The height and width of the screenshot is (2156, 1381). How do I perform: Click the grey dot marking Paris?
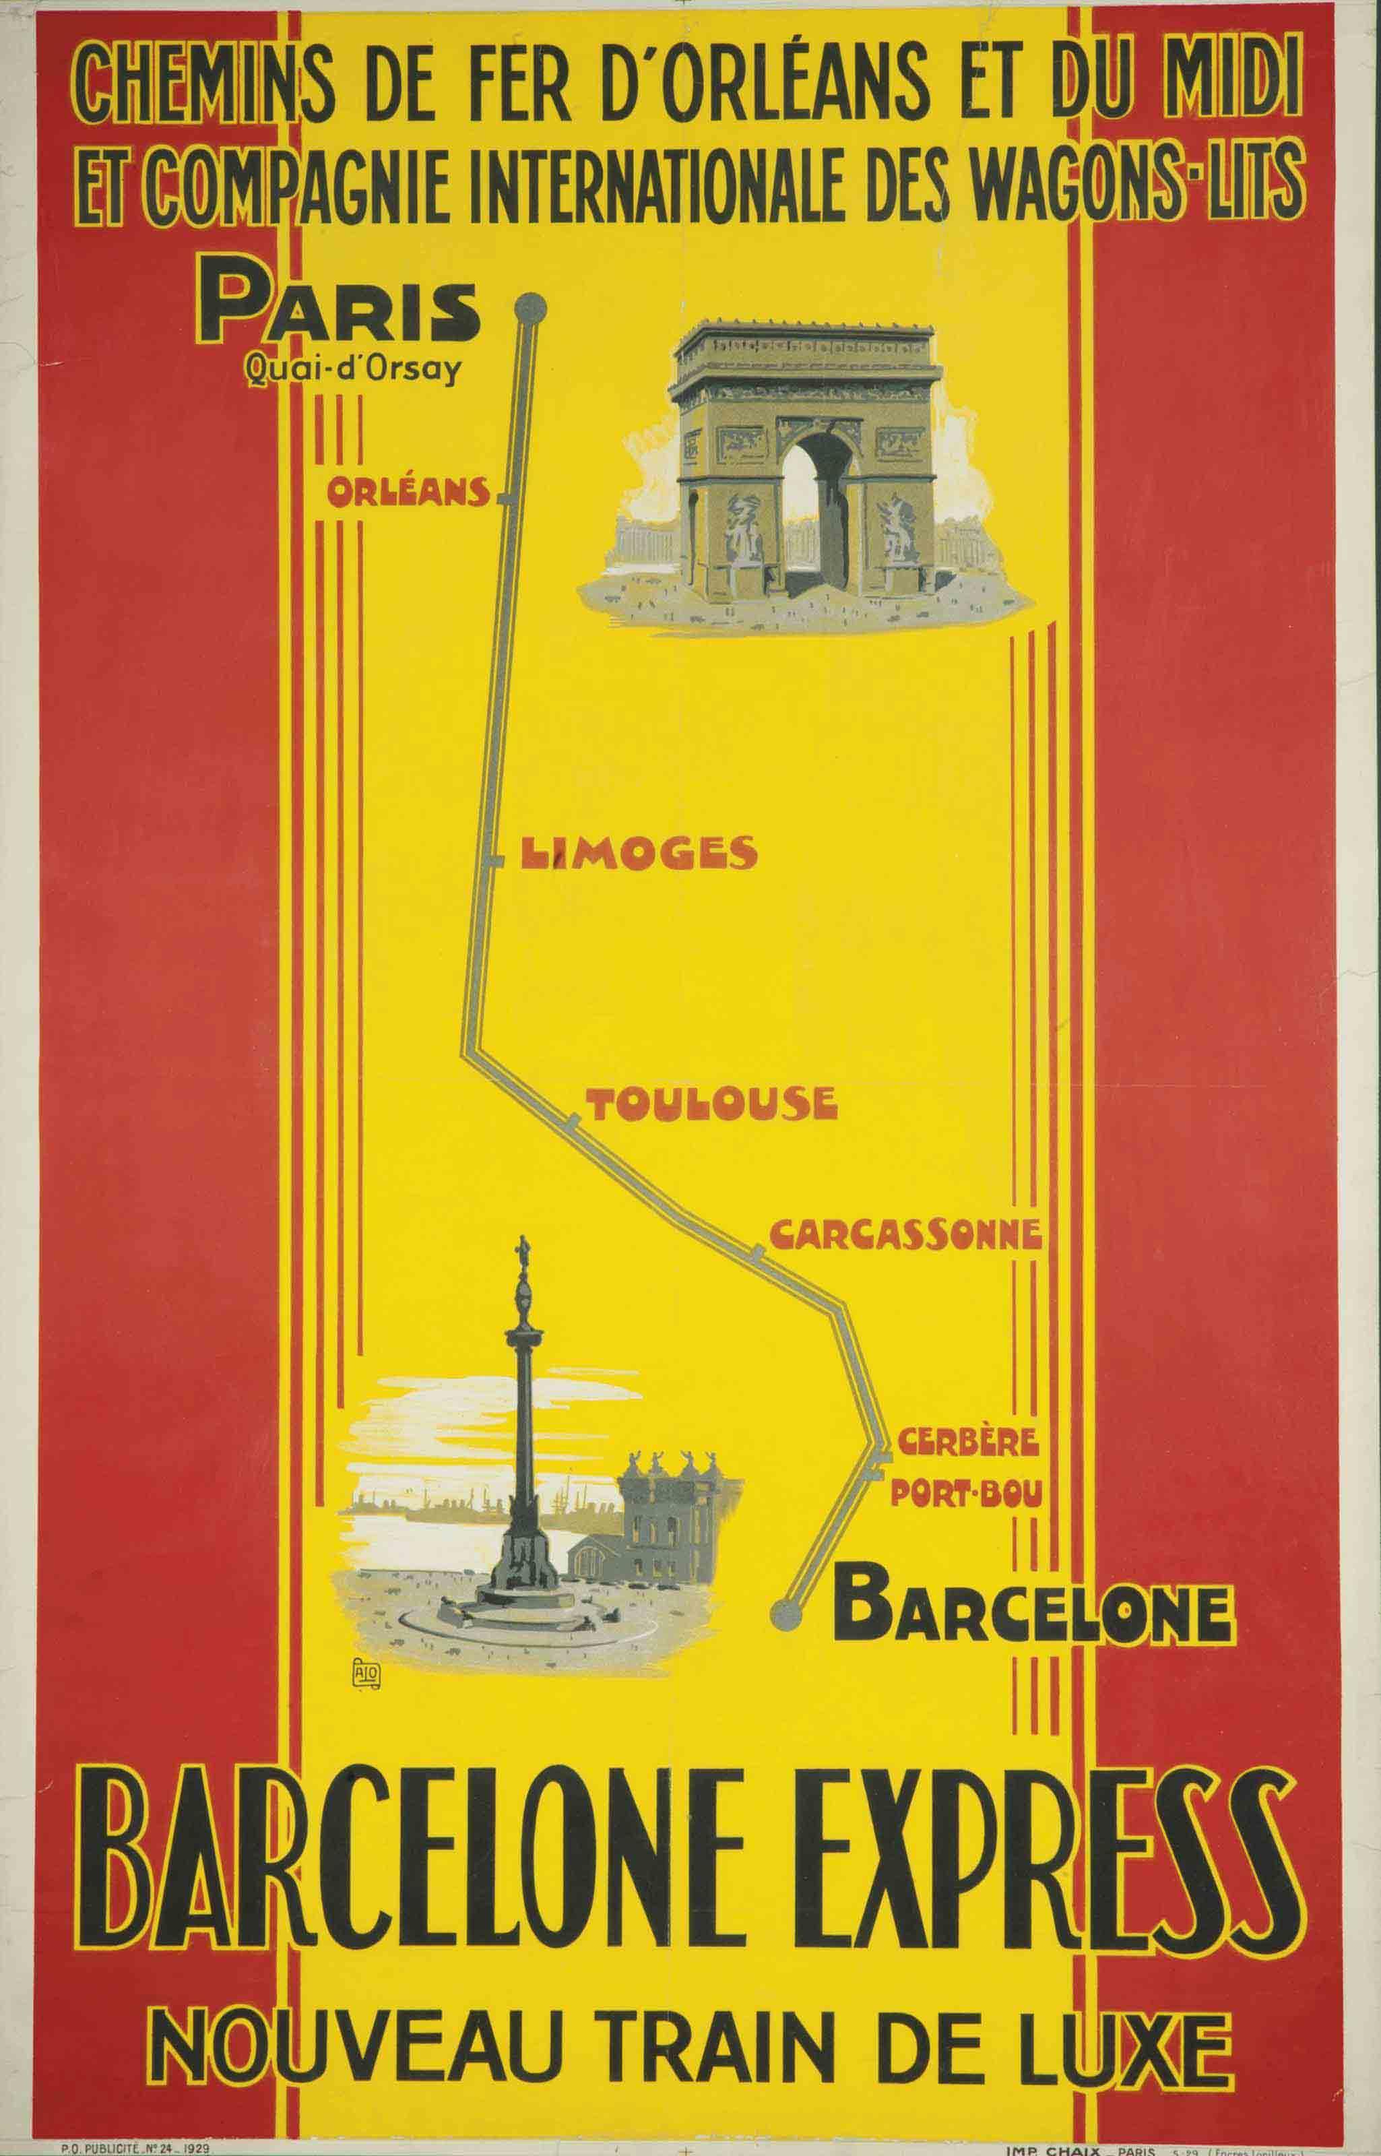point(528,308)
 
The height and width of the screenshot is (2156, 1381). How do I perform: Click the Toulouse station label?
point(710,1105)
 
